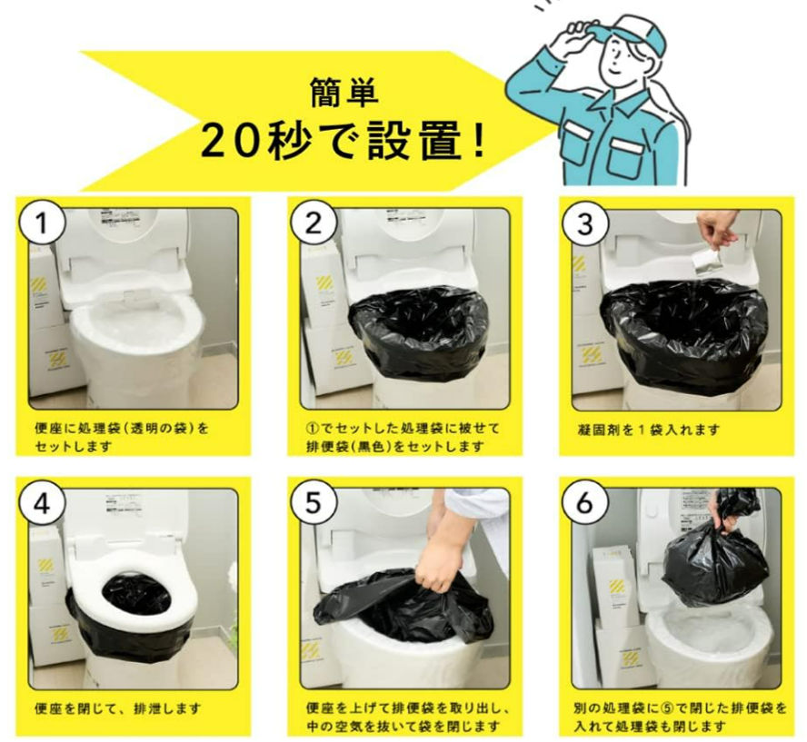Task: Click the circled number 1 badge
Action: point(42,223)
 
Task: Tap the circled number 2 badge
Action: point(314,223)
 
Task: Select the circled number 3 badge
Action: point(585,223)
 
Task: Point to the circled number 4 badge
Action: point(42,504)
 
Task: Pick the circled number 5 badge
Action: point(314,504)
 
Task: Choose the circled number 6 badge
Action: point(585,504)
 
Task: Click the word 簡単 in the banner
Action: point(344,93)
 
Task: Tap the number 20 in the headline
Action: point(230,141)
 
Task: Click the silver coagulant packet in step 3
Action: point(705,263)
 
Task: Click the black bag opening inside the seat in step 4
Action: point(136,596)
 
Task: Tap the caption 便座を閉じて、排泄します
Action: point(117,708)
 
